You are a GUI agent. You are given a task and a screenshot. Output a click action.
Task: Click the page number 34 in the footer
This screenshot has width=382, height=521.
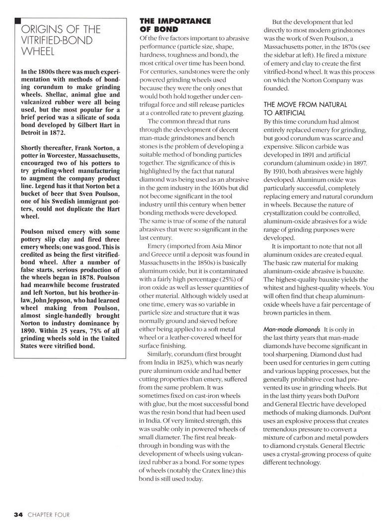click(x=18, y=514)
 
